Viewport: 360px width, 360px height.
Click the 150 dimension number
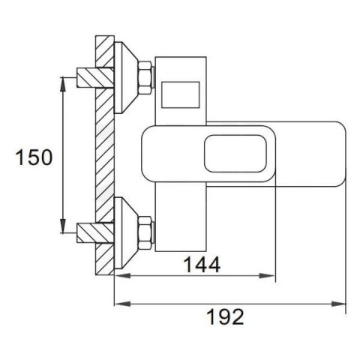point(34,157)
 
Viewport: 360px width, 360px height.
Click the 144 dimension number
point(202,265)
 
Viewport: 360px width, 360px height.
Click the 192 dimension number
point(226,316)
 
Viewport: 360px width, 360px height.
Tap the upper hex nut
point(145,77)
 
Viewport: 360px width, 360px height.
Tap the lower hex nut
point(145,233)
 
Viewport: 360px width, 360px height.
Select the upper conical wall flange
point(126,77)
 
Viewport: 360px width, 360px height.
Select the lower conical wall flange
point(126,233)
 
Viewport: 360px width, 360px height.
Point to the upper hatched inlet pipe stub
point(95,77)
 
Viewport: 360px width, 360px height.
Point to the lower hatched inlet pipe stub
point(95,233)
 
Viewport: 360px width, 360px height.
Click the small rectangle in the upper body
point(181,94)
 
